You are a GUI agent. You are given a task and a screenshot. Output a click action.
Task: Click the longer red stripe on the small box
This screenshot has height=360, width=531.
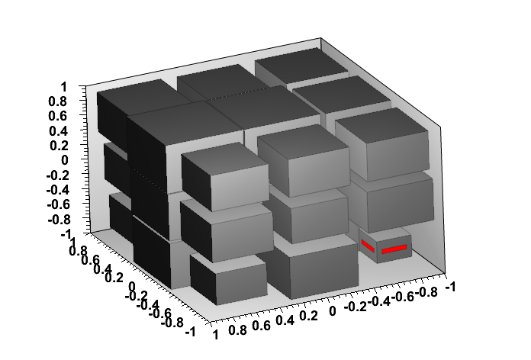coord(394,249)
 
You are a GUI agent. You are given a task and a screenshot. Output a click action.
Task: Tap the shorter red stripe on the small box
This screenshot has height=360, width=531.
coord(368,245)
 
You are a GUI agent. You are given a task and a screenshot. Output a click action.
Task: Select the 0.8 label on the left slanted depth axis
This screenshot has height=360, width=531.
coord(77,249)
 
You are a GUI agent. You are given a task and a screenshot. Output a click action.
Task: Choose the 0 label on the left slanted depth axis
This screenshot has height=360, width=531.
coord(130,288)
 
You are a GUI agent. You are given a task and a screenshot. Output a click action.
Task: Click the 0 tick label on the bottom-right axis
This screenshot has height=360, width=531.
coord(331,311)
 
